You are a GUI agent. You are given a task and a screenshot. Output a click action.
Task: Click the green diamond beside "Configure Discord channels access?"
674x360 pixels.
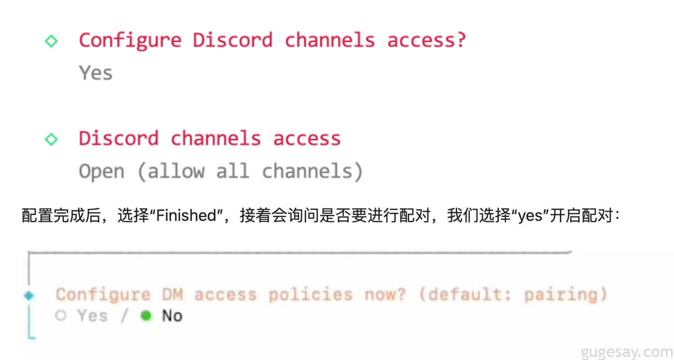pyautogui.click(x=51, y=41)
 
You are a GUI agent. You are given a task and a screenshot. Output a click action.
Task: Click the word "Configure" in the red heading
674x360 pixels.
pyautogui.click(x=130, y=40)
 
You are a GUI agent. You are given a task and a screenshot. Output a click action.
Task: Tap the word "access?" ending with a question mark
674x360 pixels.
pyautogui.click(x=426, y=40)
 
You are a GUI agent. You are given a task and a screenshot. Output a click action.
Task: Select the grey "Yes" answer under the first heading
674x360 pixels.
pyautogui.click(x=96, y=73)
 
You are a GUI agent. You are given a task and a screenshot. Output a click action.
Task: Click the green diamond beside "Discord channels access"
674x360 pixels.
pyautogui.click(x=51, y=139)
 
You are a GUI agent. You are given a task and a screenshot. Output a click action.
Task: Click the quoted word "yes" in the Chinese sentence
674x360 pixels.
pyautogui.click(x=530, y=215)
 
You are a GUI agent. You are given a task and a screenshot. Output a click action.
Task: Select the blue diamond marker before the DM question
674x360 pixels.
pyautogui.click(x=29, y=296)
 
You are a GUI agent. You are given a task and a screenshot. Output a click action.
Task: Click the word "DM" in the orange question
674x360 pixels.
pyautogui.click(x=172, y=295)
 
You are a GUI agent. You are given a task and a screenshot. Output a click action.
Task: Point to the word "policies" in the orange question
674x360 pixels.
pyautogui.click(x=310, y=295)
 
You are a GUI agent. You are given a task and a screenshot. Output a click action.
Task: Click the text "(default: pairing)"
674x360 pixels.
pyautogui.click(x=512, y=295)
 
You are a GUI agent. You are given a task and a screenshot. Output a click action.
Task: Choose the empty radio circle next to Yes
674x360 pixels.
pyautogui.click(x=61, y=316)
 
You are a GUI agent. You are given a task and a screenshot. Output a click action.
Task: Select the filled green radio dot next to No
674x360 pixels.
pyautogui.click(x=146, y=316)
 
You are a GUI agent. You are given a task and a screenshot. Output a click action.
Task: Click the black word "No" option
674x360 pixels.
pyautogui.click(x=172, y=316)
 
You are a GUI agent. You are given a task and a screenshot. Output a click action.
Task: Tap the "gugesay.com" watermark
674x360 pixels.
pyautogui.click(x=627, y=352)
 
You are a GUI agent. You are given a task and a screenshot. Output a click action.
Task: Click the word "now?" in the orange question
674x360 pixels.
pyautogui.click(x=385, y=295)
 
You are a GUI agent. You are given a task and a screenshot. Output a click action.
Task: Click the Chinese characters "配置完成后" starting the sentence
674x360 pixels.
pyautogui.click(x=61, y=215)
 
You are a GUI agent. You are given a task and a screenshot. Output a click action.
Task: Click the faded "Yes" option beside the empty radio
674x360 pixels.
pyautogui.click(x=92, y=316)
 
